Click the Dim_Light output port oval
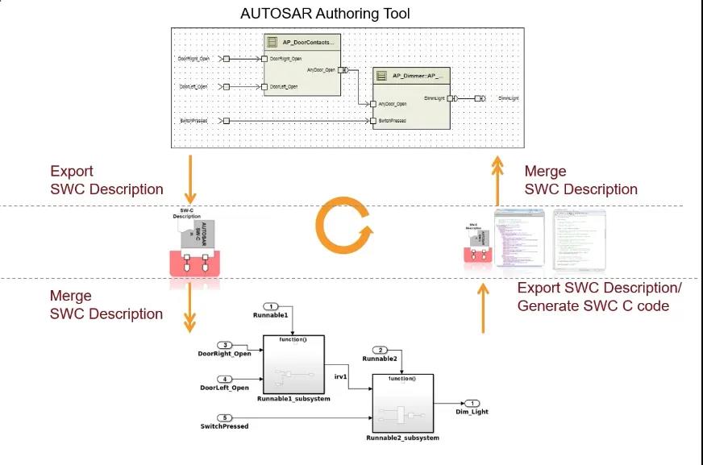click(472, 403)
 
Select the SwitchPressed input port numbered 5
click(227, 417)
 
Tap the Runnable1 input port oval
click(272, 306)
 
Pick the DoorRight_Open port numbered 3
click(227, 345)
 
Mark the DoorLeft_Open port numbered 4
click(227, 379)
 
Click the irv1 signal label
click(339, 375)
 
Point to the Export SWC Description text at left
click(106, 181)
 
